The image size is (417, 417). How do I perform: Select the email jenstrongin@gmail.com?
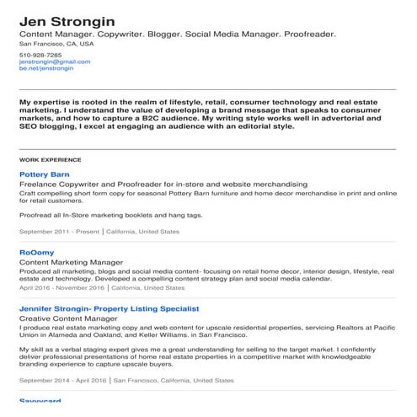coord(54,61)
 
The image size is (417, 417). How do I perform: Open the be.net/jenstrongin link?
coord(46,68)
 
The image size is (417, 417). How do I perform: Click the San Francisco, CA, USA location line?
coord(56,43)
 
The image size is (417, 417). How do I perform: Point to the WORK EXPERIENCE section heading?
coord(50,159)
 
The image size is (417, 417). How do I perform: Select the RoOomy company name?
coord(36,252)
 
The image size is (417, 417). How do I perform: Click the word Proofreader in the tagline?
coord(308,34)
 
